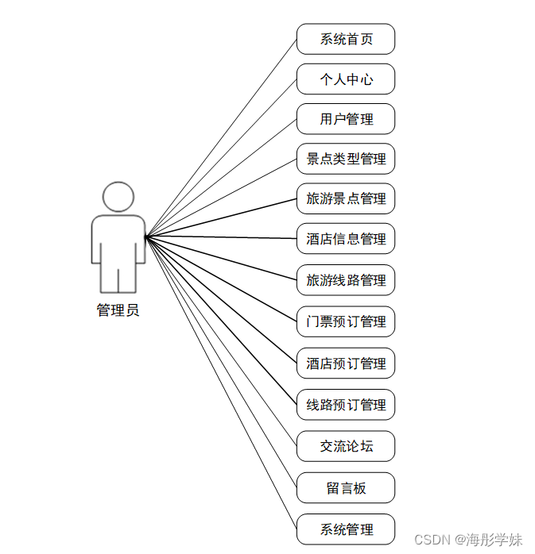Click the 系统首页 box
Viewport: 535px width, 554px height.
point(346,39)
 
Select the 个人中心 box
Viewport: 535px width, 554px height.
point(346,79)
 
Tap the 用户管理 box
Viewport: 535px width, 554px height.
point(346,119)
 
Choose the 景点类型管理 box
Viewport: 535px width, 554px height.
point(346,159)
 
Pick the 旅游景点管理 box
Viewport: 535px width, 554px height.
point(346,198)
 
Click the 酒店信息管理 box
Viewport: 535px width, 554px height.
point(346,239)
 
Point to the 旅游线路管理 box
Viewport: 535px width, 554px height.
point(346,280)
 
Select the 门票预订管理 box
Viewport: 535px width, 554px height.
point(346,321)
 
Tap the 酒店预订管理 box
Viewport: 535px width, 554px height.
point(346,364)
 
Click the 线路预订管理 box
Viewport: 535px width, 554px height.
point(346,405)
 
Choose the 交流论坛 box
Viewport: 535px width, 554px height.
point(346,446)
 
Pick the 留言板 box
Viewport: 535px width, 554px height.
point(346,488)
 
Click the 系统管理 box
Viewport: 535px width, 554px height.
point(346,529)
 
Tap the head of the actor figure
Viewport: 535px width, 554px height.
point(118,197)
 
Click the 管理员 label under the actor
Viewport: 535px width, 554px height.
point(118,310)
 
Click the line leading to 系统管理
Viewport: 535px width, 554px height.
point(221,383)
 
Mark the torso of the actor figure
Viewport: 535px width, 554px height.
point(118,242)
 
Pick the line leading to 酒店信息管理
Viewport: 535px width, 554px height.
point(221,237)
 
